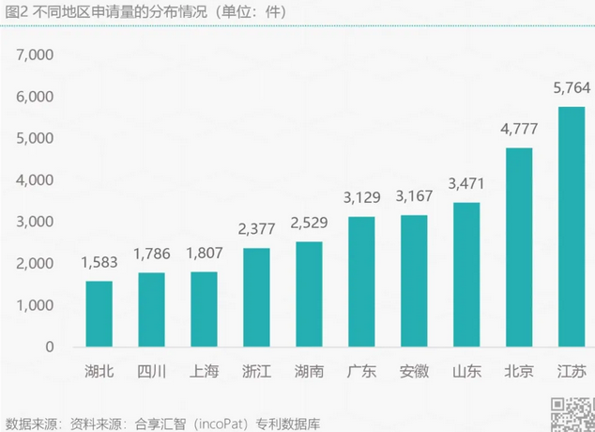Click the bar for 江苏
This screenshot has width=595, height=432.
[x=572, y=226]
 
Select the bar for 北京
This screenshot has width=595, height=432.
[x=519, y=247]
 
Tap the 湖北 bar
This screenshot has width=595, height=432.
[x=99, y=314]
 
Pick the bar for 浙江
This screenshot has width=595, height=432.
[x=256, y=297]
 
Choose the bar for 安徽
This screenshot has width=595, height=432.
[x=414, y=281]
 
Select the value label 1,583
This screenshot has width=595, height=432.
[x=99, y=264]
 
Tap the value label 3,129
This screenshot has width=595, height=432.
[x=361, y=199]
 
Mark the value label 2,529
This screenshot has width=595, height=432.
[x=309, y=224]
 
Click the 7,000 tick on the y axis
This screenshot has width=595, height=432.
[x=36, y=55]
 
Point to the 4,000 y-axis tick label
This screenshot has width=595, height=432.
[x=36, y=180]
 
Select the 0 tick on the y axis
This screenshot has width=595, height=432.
[x=51, y=347]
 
